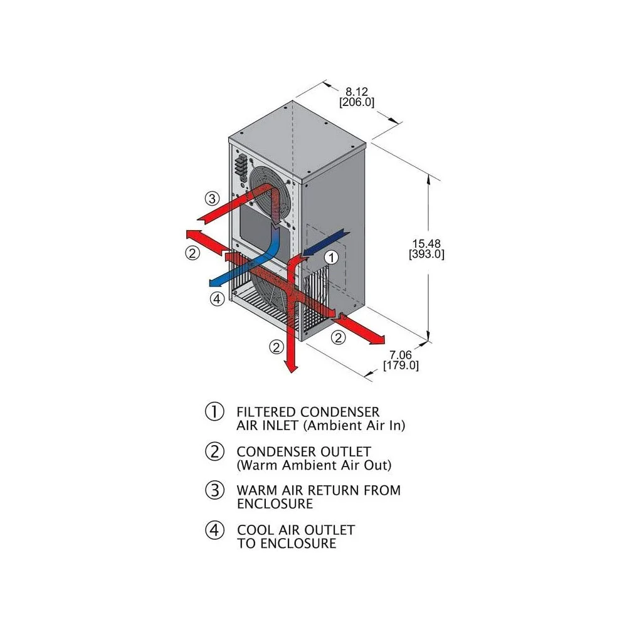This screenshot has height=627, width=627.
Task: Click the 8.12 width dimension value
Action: tap(356, 92)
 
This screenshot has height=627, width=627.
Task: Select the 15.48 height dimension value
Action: tap(426, 243)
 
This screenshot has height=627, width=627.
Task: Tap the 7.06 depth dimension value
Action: tap(400, 355)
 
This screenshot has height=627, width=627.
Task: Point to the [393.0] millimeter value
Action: tap(426, 255)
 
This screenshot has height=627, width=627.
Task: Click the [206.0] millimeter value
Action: tap(357, 102)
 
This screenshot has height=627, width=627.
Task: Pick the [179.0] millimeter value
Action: tap(401, 366)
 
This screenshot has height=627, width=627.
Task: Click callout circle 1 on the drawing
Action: tap(332, 258)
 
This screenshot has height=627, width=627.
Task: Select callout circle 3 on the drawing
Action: tap(213, 198)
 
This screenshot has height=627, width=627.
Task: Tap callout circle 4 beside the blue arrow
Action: tap(217, 298)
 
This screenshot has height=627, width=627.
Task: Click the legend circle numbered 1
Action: tap(214, 412)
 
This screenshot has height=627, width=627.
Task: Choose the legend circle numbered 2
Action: tap(214, 451)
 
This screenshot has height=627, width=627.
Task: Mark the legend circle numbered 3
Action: tap(214, 490)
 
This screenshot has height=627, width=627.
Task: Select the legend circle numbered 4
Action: tap(214, 530)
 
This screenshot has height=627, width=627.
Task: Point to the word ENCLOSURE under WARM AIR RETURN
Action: tap(275, 504)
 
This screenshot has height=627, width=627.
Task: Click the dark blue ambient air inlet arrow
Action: tap(326, 243)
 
